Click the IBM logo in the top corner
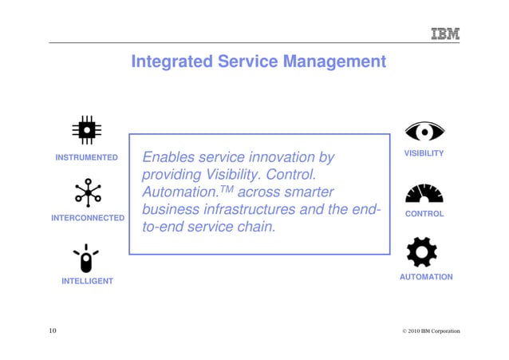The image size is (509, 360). [445, 34]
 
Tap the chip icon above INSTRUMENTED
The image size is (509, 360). [86, 130]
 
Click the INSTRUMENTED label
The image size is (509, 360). [86, 157]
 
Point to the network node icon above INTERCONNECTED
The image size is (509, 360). [88, 192]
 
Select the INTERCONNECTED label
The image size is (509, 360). [88, 218]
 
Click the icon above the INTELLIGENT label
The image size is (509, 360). [86, 259]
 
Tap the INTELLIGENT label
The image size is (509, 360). [87, 281]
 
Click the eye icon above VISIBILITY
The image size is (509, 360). [424, 132]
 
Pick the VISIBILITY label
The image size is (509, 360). [424, 152]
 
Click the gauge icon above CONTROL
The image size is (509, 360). [424, 194]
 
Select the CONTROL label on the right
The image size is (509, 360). [424, 214]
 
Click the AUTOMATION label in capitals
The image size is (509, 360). [426, 277]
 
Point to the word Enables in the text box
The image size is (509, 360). [168, 157]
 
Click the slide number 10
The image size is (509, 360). [52, 330]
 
